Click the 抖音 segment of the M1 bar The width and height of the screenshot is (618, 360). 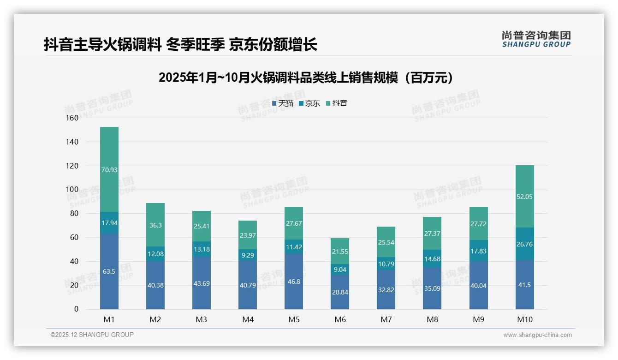click(109, 169)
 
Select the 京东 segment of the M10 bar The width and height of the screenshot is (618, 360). click(524, 244)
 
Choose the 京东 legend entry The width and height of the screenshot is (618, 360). click(309, 103)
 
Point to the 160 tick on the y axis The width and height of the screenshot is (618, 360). click(72, 118)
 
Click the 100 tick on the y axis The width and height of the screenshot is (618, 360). click(72, 190)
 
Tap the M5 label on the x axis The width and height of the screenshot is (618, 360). click(294, 320)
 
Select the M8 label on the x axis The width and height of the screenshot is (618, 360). click(432, 320)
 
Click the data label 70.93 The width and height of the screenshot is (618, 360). click(109, 170)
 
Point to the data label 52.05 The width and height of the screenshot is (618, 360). click(524, 197)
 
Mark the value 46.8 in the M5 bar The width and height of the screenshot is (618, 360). click(294, 282)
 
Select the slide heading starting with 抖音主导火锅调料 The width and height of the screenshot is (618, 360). click(180, 45)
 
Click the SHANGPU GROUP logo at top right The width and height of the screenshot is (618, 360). click(536, 39)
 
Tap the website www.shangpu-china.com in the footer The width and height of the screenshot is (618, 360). click(537, 335)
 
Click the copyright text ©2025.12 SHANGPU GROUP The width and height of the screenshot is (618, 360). click(92, 335)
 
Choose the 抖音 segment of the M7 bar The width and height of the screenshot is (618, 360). click(386, 242)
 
